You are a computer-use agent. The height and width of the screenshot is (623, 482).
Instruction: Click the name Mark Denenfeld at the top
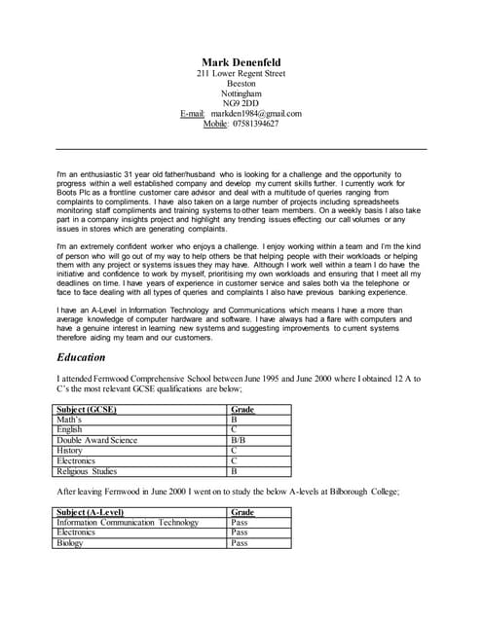coord(241,62)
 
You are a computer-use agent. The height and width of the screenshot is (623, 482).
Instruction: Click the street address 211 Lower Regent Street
coord(241,74)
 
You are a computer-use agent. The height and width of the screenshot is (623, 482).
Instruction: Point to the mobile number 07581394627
coord(255,124)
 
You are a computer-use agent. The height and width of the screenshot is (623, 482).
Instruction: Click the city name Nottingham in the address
coord(241,93)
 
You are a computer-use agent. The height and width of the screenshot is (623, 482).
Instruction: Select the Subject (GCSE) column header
coord(87,410)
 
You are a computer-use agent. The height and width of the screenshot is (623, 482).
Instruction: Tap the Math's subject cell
coord(71,420)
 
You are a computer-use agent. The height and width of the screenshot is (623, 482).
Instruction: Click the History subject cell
coord(70,451)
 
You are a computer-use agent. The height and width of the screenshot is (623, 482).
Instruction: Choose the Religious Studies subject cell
coord(87,471)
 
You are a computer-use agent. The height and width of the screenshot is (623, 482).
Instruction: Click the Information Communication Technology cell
coord(128,523)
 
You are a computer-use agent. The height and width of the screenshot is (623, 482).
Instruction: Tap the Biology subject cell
coord(71,543)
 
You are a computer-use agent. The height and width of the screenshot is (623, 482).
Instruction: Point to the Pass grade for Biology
coord(240,543)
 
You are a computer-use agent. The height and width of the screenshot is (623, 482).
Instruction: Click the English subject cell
coord(70,429)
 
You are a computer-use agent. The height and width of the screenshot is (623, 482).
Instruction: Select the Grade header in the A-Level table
coord(242,512)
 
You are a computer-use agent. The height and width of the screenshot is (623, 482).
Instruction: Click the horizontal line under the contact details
coord(241,148)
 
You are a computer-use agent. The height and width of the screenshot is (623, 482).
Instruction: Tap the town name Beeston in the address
coord(241,84)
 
